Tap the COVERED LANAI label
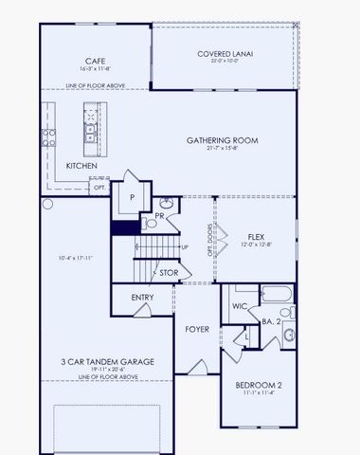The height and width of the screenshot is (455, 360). pos(224,54)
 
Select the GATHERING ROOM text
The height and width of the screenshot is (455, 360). pos(223,139)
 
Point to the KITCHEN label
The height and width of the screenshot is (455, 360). pos(81,166)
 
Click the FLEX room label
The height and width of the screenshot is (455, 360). pos(256,236)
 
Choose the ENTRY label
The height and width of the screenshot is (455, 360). pos(143,297)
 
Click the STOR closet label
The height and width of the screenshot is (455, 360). pos(169,273)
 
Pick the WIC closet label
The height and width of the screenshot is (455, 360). pos(240,305)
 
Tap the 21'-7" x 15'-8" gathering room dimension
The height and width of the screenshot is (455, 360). pos(223,149)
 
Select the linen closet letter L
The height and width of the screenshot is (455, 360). pos(245,337)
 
